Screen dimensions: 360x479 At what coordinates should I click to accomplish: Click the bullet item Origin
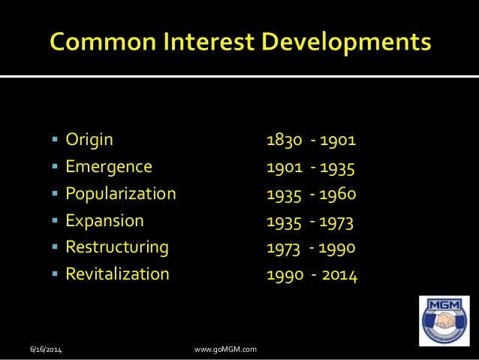tap(89, 139)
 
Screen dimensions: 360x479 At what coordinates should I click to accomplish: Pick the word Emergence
tap(109, 166)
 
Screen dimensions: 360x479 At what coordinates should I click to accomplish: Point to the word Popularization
tap(121, 194)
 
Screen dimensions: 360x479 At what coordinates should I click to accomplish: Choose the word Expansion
tap(104, 221)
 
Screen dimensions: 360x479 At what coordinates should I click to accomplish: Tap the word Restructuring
tap(117, 247)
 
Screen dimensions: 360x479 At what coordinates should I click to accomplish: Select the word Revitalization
tap(118, 274)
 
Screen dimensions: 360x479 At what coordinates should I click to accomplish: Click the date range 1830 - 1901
tap(312, 140)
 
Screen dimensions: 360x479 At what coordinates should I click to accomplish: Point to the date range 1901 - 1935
tap(311, 167)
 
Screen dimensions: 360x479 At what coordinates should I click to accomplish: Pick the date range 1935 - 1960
tap(312, 194)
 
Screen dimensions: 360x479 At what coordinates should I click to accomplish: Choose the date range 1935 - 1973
tap(310, 221)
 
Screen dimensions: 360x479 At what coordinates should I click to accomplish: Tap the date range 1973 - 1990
tap(311, 248)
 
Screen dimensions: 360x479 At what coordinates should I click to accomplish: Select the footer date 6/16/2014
tap(47, 349)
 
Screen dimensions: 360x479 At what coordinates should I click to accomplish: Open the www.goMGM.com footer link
tap(225, 349)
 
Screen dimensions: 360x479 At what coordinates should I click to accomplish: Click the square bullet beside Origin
tap(56, 140)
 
